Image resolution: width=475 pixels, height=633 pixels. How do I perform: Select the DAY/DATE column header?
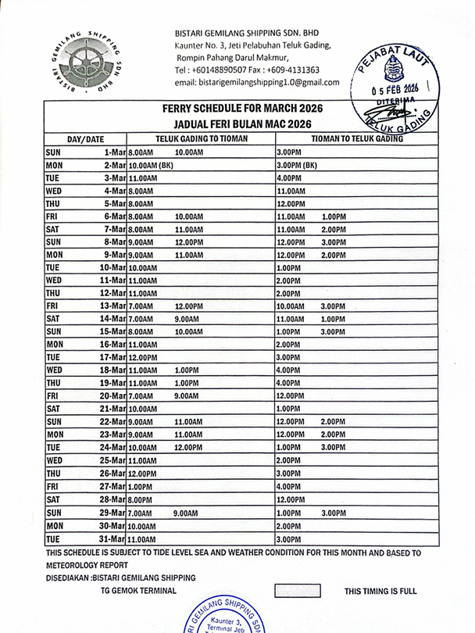point(85,139)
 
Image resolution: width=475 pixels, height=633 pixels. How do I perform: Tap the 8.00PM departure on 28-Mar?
point(141,499)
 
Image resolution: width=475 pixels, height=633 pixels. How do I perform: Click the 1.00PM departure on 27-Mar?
point(141,485)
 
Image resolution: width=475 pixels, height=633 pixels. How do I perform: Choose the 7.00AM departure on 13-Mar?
point(141,306)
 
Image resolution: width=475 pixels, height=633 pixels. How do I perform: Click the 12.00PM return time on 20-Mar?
point(291,396)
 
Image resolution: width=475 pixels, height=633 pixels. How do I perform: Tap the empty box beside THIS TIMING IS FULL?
point(298,591)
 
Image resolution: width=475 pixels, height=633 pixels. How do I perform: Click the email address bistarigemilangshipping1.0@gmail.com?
point(257,82)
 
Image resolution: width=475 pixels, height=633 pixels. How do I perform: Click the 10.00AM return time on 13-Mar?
point(291,306)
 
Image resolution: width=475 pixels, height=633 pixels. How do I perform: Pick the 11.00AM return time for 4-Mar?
point(291,191)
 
